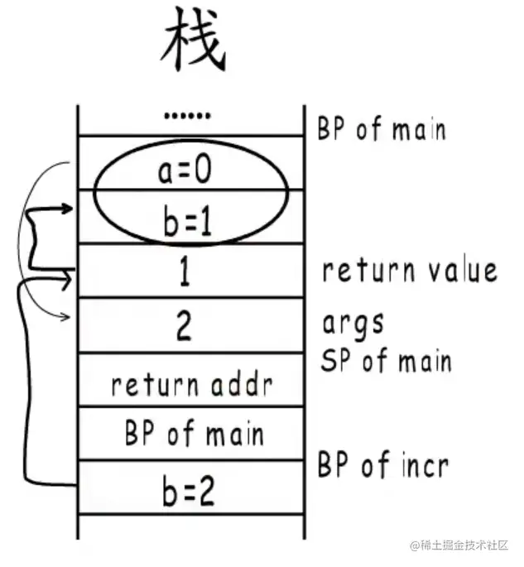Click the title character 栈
click(x=193, y=45)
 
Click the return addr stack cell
click(x=190, y=384)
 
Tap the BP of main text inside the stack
click(x=195, y=435)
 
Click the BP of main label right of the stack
click(x=382, y=129)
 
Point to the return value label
click(x=410, y=271)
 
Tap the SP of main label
click(x=386, y=361)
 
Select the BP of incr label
click(x=382, y=466)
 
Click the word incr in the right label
click(x=422, y=466)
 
